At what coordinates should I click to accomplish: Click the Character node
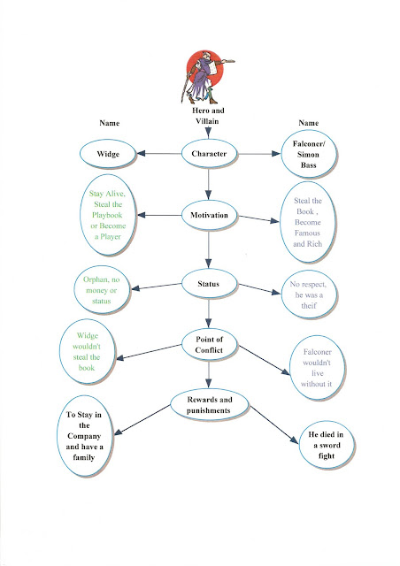pos(209,154)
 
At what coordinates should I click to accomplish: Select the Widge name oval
pos(108,154)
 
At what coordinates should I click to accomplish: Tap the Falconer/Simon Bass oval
pos(309,154)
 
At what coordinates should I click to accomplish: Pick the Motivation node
pos(209,215)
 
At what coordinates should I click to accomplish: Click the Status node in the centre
pos(209,284)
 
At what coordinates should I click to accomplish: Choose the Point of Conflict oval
pos(209,344)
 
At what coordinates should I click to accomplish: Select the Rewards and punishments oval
pos(209,405)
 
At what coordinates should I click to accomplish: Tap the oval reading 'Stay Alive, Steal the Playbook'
pos(108,215)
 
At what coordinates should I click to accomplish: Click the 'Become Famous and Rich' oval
pos(308,222)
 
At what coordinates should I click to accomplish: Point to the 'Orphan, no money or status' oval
pos(102,290)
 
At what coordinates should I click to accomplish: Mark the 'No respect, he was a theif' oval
pos(309,294)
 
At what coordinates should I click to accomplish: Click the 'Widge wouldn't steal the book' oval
pos(87,352)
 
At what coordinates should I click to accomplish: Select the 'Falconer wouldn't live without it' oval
pos(317,368)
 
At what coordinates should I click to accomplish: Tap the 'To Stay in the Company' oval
pos(85,436)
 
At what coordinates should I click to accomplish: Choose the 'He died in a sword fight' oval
pos(327,445)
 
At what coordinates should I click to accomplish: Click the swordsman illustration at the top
pos(205,77)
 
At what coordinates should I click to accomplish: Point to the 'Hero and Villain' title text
pos(208,116)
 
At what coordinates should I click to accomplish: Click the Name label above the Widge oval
pos(109,123)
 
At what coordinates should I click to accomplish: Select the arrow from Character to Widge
pos(158,154)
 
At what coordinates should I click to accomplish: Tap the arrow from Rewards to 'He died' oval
pos(274,424)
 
